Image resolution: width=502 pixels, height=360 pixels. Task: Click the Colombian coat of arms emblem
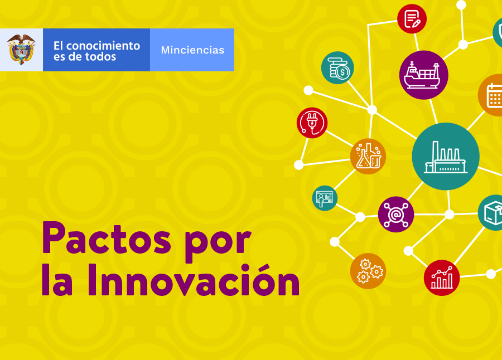click(x=21, y=50)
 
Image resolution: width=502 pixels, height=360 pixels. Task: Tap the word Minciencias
click(x=192, y=50)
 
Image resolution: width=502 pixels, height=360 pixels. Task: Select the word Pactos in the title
click(x=107, y=238)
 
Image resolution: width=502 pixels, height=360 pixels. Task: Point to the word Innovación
click(x=194, y=280)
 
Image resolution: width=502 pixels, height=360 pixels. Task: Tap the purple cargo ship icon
click(x=423, y=75)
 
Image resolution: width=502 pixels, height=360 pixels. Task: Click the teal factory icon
click(x=445, y=156)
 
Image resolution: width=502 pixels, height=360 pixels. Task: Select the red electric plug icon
click(x=312, y=123)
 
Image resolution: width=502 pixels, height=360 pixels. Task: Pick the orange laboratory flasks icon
click(x=368, y=156)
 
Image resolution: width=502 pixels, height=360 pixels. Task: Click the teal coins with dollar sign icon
click(x=337, y=67)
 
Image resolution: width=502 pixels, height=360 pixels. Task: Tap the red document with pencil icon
click(x=412, y=19)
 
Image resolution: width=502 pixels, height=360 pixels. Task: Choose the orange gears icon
click(x=368, y=271)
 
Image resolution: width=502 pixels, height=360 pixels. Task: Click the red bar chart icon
click(x=442, y=278)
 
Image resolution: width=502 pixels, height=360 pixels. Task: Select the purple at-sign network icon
click(x=395, y=214)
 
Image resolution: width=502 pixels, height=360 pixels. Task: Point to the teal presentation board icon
click(x=325, y=198)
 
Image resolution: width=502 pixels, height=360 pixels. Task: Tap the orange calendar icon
click(x=491, y=95)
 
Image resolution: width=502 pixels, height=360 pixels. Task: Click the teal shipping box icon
click(x=491, y=212)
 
